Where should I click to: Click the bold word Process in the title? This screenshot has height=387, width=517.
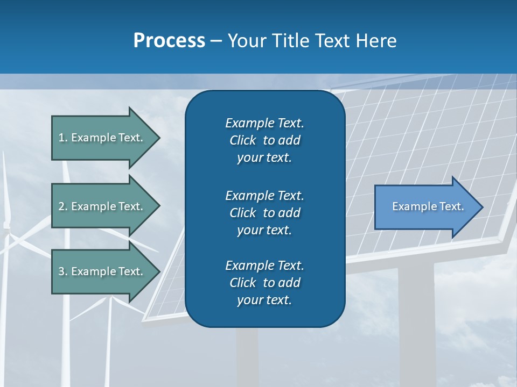(x=169, y=41)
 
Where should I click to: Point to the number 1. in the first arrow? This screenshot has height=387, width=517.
(x=63, y=138)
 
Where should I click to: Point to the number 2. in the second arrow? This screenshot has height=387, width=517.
(x=63, y=206)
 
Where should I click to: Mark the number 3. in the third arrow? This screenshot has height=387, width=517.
(x=63, y=271)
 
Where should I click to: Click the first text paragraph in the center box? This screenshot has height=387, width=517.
(x=264, y=140)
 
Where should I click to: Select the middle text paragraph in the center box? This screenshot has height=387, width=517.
(x=264, y=213)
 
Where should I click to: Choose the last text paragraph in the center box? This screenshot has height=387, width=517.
(x=264, y=283)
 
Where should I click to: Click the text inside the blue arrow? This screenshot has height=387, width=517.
(x=428, y=206)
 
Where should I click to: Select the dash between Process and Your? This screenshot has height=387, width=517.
(x=216, y=41)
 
